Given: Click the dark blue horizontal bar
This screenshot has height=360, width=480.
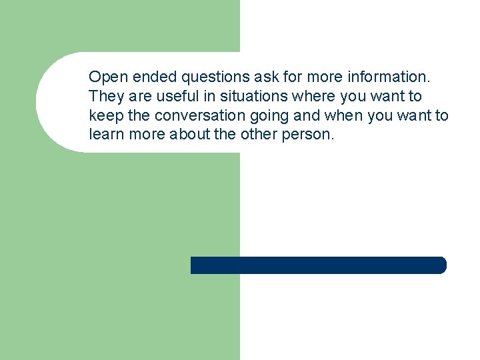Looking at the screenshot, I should tap(318, 265).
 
